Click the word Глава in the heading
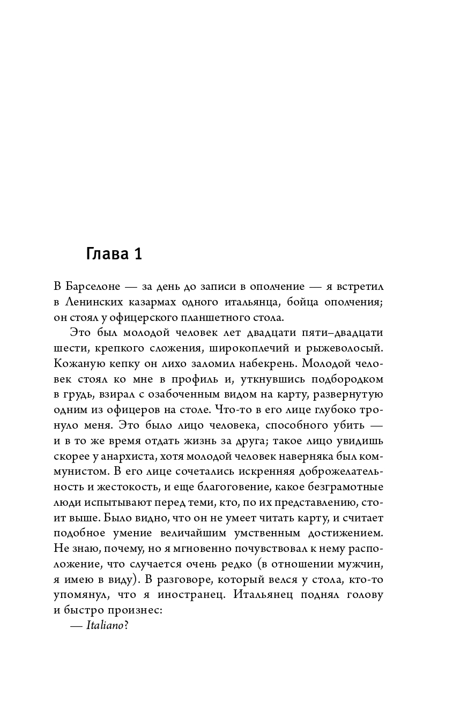point(106,253)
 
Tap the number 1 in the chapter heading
point(137,253)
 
